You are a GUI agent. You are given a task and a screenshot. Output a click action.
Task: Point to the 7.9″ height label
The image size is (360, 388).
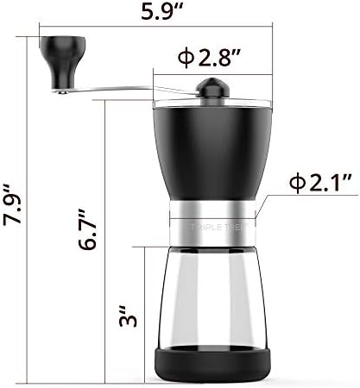coord(12,203)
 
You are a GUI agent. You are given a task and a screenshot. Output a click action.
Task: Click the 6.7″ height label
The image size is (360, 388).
coord(86,229)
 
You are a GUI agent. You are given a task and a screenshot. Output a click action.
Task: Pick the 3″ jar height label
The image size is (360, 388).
coord(128,316)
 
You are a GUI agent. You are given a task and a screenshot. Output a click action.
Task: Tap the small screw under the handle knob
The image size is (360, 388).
coord(62,92)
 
